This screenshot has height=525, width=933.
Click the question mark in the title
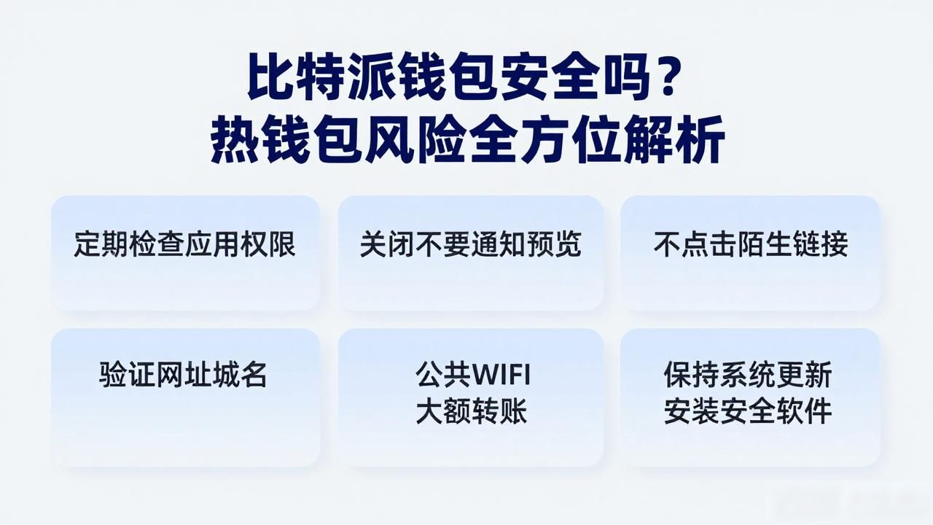tap(663, 77)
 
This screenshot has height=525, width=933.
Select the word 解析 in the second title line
tap(674, 139)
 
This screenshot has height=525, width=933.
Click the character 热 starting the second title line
tap(235, 139)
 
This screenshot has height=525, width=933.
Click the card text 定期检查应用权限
tap(184, 244)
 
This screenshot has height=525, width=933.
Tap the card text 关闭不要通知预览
tap(470, 244)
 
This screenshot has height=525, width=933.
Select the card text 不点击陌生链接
tap(751, 244)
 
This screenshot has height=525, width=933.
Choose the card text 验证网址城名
tap(183, 375)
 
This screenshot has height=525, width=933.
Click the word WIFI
tap(501, 375)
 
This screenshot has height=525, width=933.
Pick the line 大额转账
tap(472, 411)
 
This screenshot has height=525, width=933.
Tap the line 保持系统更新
tap(748, 375)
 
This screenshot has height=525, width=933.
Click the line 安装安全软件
tap(748, 411)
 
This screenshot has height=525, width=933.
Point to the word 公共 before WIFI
tap(443, 375)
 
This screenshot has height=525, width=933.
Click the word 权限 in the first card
tap(268, 244)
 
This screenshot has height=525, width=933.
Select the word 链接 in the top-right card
tap(820, 244)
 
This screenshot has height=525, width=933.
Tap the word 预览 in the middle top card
tap(553, 244)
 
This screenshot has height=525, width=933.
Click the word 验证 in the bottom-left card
tap(127, 375)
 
